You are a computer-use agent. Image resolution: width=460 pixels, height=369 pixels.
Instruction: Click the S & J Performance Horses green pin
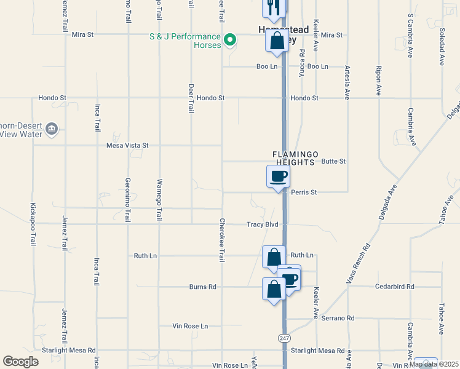click(230, 41)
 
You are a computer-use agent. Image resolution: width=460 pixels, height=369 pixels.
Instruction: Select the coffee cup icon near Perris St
click(278, 177)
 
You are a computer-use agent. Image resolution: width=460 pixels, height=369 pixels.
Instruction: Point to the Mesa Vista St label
click(128, 146)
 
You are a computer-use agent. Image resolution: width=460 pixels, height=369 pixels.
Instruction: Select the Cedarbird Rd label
click(395, 287)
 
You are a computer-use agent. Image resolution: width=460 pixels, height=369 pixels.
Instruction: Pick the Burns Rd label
click(203, 287)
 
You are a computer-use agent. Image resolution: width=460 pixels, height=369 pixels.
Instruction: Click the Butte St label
click(334, 161)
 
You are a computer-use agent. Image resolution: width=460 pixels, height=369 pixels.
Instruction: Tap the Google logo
click(20, 362)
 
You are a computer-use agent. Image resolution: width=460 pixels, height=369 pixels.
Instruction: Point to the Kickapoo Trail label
click(33, 224)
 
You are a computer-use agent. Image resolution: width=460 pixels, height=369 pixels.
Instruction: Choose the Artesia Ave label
click(347, 83)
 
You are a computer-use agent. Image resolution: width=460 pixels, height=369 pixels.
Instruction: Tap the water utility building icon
click(52, 129)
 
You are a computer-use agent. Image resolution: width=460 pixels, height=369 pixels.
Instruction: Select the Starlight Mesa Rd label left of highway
click(69, 351)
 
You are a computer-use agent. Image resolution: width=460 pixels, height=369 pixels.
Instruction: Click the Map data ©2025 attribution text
click(433, 364)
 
